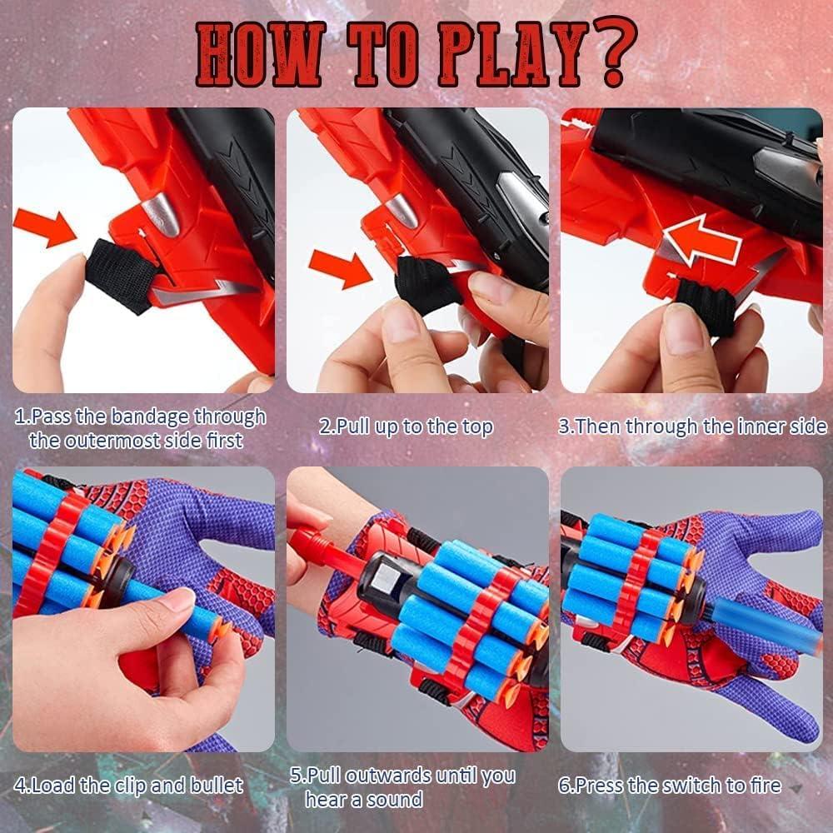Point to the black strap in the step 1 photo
pyautogui.click(x=116, y=274)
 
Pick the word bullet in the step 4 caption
pyautogui.click(x=212, y=785)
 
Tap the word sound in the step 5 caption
pyautogui.click(x=395, y=801)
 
